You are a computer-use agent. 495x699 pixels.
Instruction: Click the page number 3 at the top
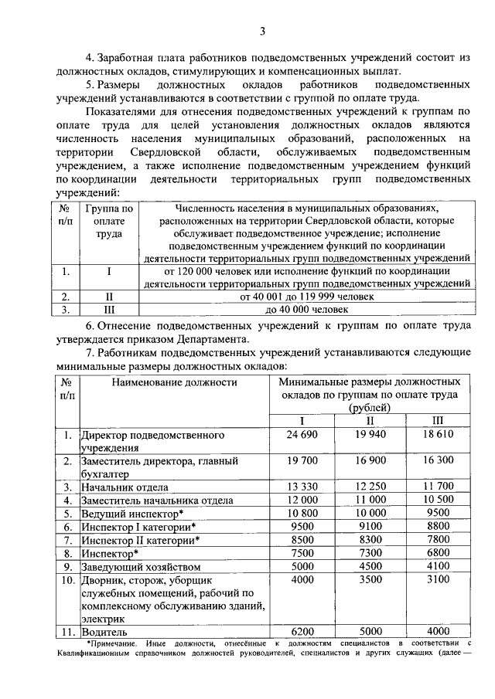point(263,32)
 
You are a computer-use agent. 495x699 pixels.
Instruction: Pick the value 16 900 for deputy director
point(370,460)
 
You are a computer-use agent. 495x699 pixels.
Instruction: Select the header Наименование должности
point(173,382)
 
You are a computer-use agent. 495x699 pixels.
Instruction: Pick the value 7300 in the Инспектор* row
point(370,554)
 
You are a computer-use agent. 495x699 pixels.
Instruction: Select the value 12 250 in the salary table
point(370,487)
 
